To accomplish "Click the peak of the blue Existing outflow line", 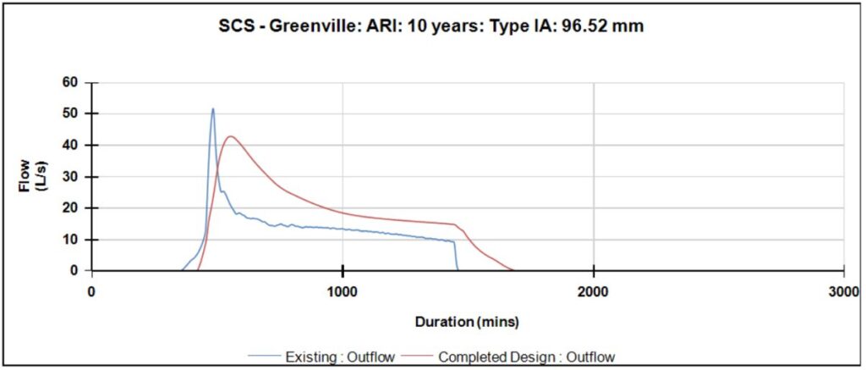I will click(x=213, y=108).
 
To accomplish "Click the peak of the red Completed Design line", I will click(x=229, y=136).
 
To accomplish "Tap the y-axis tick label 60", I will click(x=69, y=82).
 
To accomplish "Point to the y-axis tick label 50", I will click(x=69, y=113).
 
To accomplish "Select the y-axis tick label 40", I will click(x=69, y=145).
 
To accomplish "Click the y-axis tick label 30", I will click(x=69, y=176).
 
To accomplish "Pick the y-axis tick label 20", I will click(x=69, y=207).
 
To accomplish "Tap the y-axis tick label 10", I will click(x=69, y=240).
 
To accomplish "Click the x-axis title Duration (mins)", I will click(x=467, y=322).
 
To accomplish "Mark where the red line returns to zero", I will click(x=513, y=270).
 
